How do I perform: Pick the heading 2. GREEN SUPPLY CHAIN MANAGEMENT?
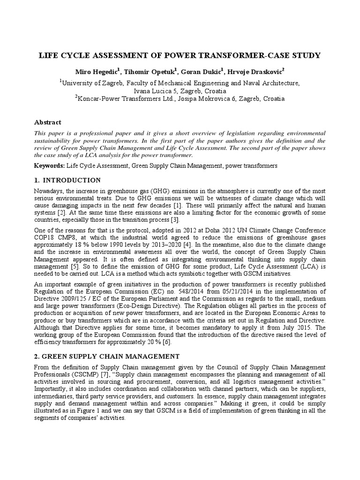click(x=107, y=357)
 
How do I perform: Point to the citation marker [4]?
click(x=158, y=245)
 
